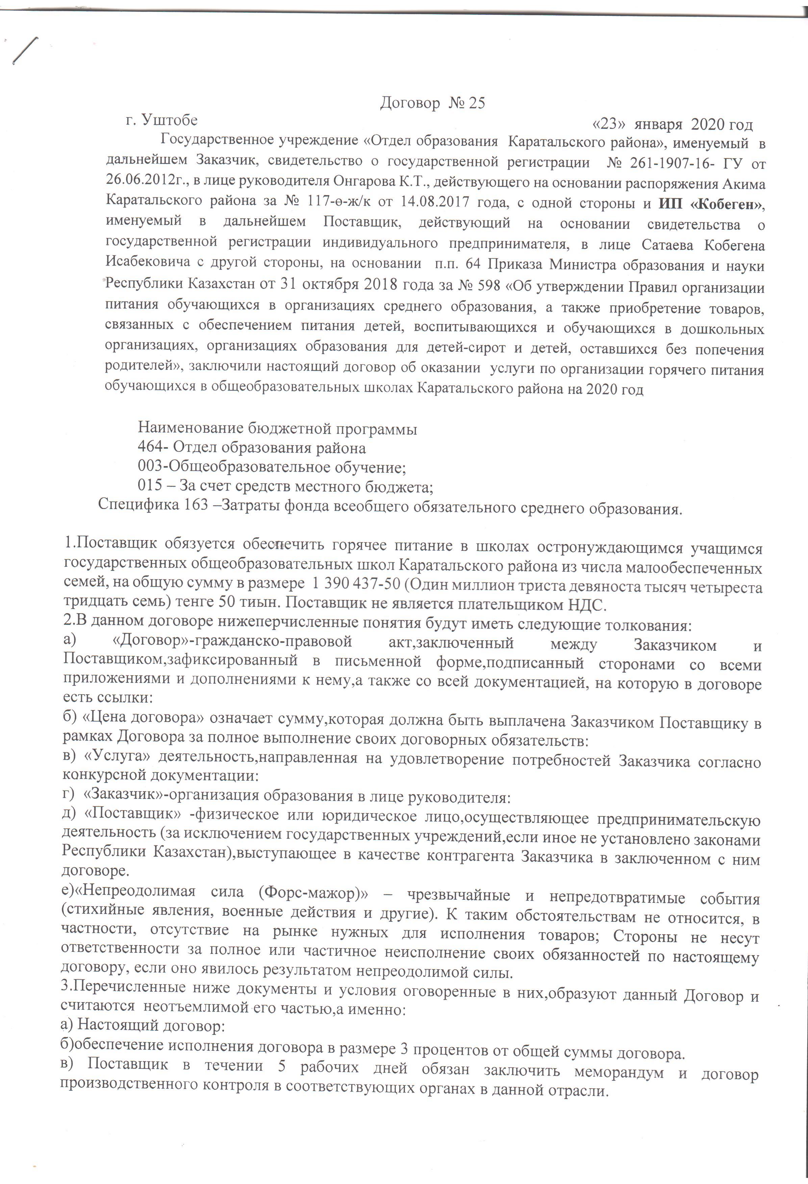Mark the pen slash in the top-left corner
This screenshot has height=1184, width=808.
pyautogui.click(x=25, y=51)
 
